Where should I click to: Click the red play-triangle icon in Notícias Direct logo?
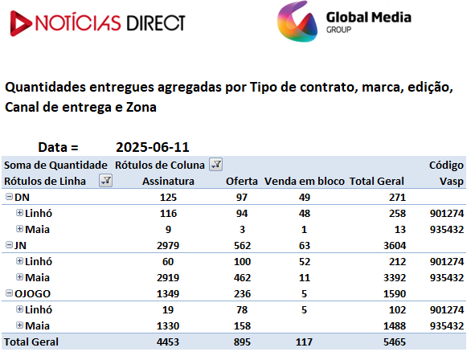click(19, 23)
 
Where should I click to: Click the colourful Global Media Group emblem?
click(297, 21)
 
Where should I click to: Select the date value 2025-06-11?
click(153, 147)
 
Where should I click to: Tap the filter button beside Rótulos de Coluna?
click(215, 165)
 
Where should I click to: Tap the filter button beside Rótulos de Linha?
click(106, 181)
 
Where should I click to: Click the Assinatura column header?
click(168, 181)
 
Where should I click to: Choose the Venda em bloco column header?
click(304, 181)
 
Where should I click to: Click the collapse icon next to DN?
click(9, 197)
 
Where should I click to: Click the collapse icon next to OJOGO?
click(9, 293)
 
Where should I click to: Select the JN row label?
click(20, 245)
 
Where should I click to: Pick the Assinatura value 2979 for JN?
click(168, 245)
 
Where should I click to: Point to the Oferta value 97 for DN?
click(242, 197)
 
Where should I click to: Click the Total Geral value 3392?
click(395, 277)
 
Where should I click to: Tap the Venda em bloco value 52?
click(304, 261)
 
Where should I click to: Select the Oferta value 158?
click(242, 325)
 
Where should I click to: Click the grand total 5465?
click(395, 342)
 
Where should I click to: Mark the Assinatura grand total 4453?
click(168, 342)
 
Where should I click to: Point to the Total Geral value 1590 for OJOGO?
click(395, 293)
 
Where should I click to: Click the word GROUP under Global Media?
click(338, 30)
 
